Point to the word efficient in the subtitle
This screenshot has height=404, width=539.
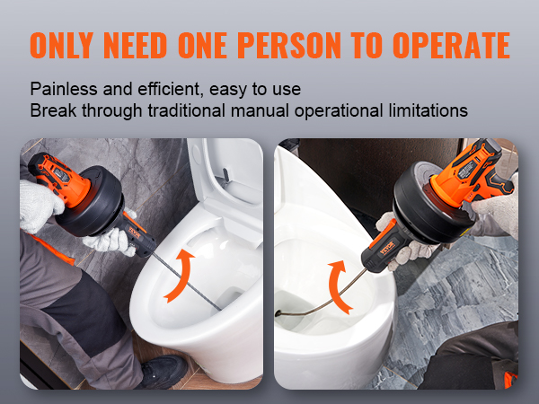154,90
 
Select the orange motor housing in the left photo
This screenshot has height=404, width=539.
54,171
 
